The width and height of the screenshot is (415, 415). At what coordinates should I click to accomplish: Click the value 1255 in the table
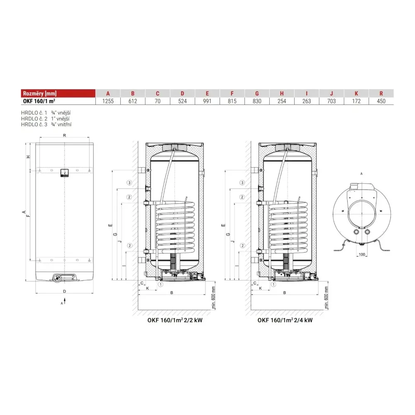[x=108, y=101]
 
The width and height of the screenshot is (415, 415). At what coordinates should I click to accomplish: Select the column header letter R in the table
[x=381, y=93]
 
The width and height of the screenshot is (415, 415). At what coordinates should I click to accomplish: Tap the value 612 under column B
[x=133, y=101]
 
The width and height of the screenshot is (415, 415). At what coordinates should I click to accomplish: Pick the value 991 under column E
[x=207, y=101]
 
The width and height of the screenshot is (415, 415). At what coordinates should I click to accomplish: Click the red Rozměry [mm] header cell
[x=58, y=93]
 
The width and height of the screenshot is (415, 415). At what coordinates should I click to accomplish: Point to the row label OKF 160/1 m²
[x=39, y=101]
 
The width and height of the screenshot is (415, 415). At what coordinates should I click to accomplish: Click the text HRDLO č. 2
[x=34, y=119]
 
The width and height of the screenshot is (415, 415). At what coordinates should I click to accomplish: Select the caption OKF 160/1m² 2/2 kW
[x=175, y=320]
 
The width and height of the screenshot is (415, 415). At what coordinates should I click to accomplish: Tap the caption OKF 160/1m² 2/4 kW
[x=285, y=320]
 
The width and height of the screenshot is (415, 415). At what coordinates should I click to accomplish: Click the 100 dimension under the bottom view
[x=362, y=254]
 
